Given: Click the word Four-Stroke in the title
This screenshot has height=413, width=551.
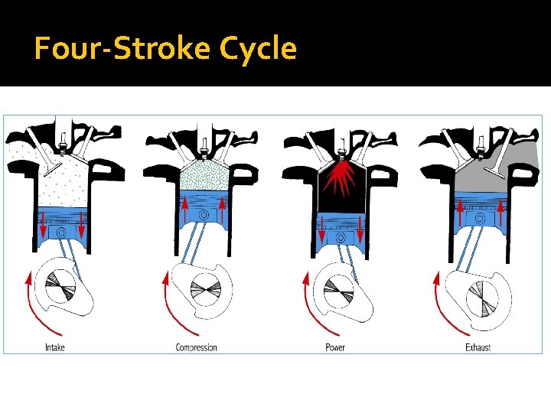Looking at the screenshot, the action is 122,49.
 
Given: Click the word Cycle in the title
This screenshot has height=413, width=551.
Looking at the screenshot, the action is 257,49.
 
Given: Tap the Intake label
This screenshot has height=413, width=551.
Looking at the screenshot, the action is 54,347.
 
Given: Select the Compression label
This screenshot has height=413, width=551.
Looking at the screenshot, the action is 196,347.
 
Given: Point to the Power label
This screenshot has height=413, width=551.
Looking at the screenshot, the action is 334,347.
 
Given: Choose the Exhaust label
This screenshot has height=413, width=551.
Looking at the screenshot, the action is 478,347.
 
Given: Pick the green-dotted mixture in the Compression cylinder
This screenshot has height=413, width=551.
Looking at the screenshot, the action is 204,176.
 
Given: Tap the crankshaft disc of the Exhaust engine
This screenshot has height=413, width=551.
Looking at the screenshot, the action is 482,298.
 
